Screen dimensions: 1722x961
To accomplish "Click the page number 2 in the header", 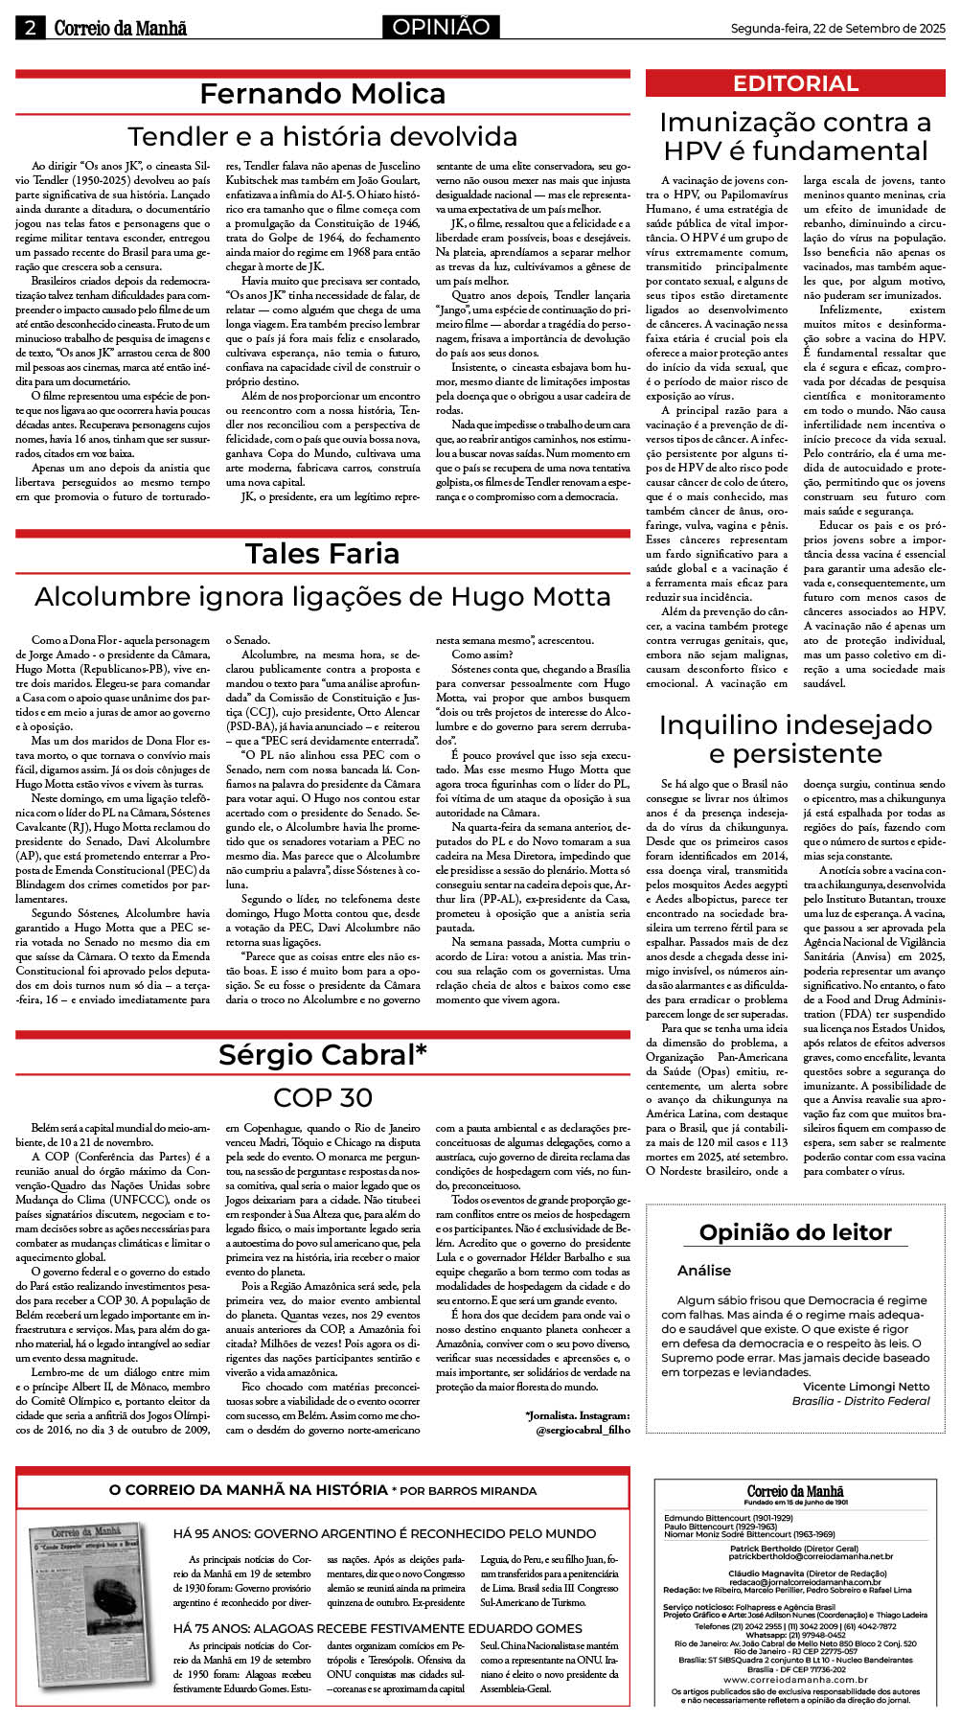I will pyautogui.click(x=30, y=28).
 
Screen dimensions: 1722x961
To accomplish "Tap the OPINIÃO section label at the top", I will pyautogui.click(x=441, y=27).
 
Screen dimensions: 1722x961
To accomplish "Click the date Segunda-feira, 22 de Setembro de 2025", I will pyautogui.click(x=837, y=29).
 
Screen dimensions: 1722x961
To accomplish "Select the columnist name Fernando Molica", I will pyautogui.click(x=323, y=94).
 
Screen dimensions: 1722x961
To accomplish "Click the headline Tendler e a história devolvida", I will pyautogui.click(x=323, y=136).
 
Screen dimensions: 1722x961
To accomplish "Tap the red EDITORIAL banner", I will pyautogui.click(x=795, y=83).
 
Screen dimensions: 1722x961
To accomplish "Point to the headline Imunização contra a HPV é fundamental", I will pyautogui.click(x=795, y=136).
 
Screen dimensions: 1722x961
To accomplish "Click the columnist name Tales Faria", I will pyautogui.click(x=323, y=554).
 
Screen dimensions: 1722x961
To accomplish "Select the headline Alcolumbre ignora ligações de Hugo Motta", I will pyautogui.click(x=323, y=596).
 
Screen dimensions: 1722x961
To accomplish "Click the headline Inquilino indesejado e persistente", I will pyautogui.click(x=795, y=739).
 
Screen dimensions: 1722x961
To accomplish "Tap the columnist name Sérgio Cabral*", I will pyautogui.click(x=323, y=1054).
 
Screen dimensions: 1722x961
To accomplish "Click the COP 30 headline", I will pyautogui.click(x=323, y=1097).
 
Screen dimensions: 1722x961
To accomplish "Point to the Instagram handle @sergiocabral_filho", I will pyautogui.click(x=583, y=1429).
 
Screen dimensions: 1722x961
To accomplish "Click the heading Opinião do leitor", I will pyautogui.click(x=795, y=1232).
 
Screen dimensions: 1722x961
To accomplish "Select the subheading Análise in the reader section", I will pyautogui.click(x=704, y=1271).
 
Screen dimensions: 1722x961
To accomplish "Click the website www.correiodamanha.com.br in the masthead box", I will pyautogui.click(x=795, y=1680).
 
